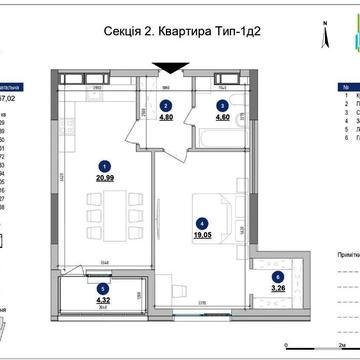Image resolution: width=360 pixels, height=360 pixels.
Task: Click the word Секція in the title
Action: point(127,31)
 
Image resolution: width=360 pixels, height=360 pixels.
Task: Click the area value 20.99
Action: point(103,176)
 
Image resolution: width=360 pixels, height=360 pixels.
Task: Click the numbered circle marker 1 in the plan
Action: point(102,166)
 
